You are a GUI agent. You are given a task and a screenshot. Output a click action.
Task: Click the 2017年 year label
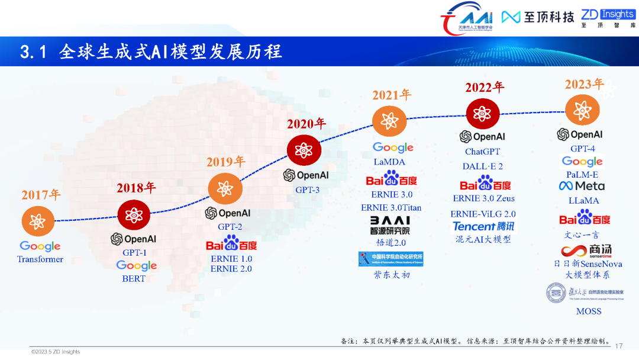[x=41, y=194]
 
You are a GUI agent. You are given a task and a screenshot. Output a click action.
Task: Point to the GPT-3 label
[x=307, y=190]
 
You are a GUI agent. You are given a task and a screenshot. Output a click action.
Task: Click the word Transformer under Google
[x=40, y=259]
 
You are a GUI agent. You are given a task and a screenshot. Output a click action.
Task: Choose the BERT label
[x=134, y=278]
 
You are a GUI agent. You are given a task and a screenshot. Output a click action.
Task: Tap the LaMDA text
[x=389, y=162]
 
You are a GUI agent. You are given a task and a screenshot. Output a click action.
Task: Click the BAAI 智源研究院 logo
[x=389, y=225]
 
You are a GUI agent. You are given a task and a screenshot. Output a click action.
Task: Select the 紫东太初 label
[x=391, y=275]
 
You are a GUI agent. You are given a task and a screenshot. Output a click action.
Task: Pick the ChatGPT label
[x=482, y=152]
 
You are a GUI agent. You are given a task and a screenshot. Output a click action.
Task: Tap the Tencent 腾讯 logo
[x=483, y=226]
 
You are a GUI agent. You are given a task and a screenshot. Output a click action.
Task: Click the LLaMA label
[x=583, y=201]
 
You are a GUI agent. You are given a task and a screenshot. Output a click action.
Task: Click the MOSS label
[x=588, y=311]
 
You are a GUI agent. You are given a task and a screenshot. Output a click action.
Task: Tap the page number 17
[x=619, y=346]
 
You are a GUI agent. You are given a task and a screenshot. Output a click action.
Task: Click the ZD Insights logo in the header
[x=608, y=18]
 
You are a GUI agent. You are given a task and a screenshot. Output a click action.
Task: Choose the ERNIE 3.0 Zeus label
[x=483, y=198]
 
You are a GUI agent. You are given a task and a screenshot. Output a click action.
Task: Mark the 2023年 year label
[x=584, y=84]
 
